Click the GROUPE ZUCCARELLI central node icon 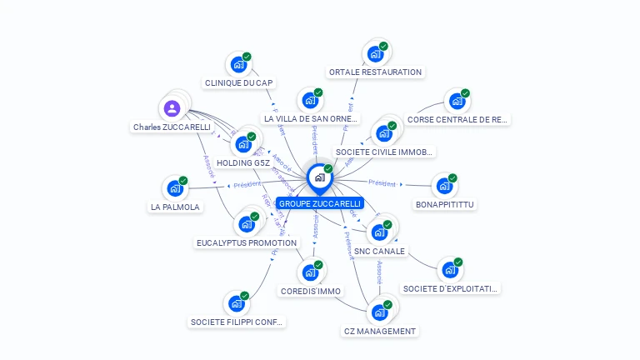click(x=318, y=177)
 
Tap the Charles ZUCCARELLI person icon click(x=172, y=108)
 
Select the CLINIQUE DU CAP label click(x=239, y=82)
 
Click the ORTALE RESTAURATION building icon click(x=375, y=55)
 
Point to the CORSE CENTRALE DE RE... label click(x=457, y=119)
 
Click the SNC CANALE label click(x=379, y=251)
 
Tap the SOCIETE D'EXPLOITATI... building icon click(x=450, y=271)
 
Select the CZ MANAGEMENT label click(x=379, y=331)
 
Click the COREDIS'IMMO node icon click(x=310, y=272)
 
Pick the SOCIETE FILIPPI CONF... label click(x=237, y=322)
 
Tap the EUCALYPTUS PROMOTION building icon click(x=246, y=224)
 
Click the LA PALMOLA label click(x=175, y=207)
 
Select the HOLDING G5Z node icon click(x=243, y=143)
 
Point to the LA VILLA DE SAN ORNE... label click(x=311, y=118)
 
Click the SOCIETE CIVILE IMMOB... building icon click(x=383, y=133)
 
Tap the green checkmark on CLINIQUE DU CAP click(x=247, y=57)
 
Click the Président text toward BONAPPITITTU click(x=382, y=182)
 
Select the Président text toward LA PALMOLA click(x=247, y=185)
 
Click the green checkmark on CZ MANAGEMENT click(x=387, y=305)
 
